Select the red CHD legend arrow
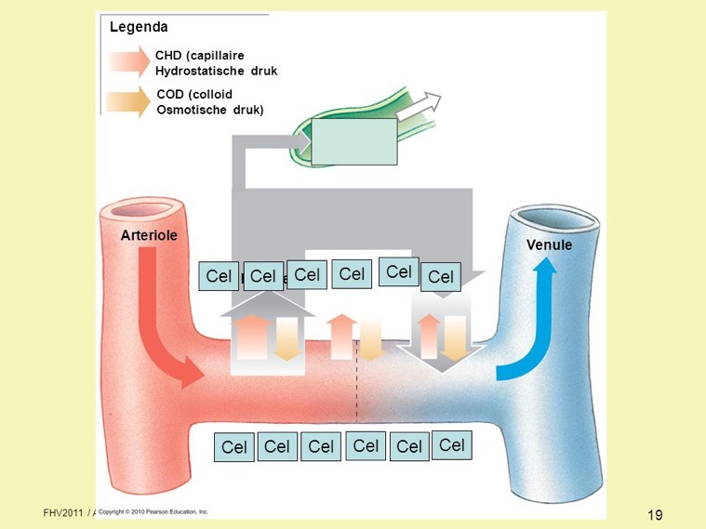(x=127, y=62)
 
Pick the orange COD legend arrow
(x=127, y=101)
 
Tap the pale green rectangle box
(x=353, y=141)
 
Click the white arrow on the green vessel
(x=420, y=107)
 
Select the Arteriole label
(x=148, y=236)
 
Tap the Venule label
(x=549, y=245)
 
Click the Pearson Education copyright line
(x=153, y=512)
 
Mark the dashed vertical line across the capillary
(x=356, y=390)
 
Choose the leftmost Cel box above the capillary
(x=219, y=276)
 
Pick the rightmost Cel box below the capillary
(x=452, y=445)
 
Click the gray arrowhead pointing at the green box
(x=303, y=141)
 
